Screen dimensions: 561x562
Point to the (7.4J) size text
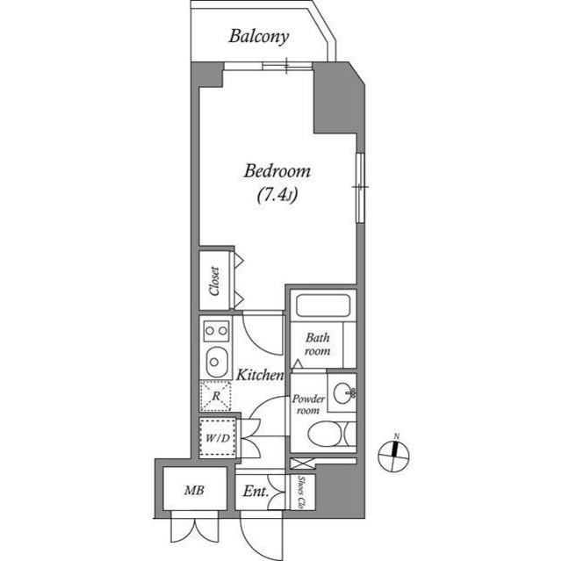click(x=277, y=196)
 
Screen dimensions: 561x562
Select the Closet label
click(x=214, y=280)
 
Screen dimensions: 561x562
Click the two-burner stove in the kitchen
click(x=215, y=331)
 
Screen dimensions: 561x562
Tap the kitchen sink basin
click(x=214, y=362)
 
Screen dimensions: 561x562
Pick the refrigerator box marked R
click(x=215, y=396)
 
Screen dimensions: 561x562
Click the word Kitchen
click(x=259, y=375)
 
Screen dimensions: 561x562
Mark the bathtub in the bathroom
click(x=322, y=306)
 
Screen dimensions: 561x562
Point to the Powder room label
click(x=308, y=404)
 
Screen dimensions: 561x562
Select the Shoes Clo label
click(x=300, y=492)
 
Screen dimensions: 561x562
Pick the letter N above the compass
click(x=397, y=436)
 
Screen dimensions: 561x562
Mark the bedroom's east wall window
click(x=359, y=187)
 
